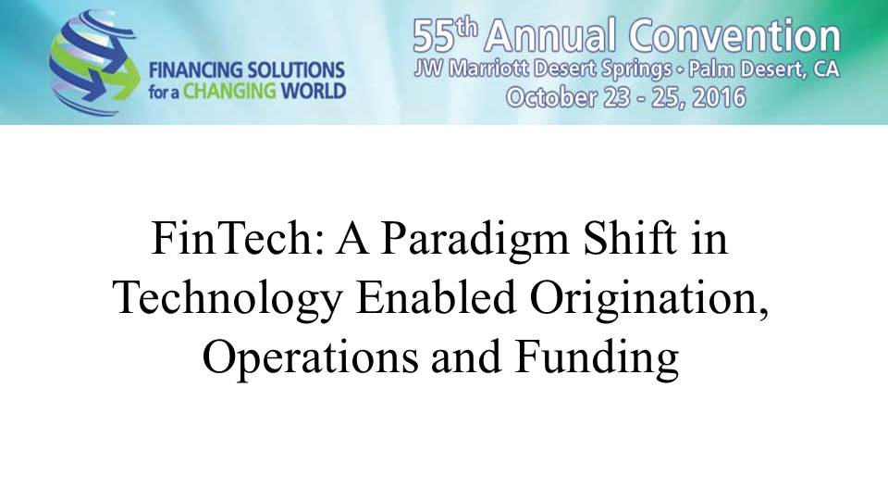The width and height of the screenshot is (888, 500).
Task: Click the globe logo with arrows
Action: (94, 63)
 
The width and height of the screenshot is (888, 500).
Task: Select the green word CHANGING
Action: (229, 92)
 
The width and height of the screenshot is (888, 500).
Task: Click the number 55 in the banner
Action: (434, 37)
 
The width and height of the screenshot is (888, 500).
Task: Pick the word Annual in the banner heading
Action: (549, 35)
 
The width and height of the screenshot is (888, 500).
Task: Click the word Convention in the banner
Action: (734, 35)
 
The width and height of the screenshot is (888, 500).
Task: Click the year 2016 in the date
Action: (719, 97)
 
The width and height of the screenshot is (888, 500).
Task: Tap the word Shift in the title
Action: (630, 238)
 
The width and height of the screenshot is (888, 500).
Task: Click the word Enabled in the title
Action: (436, 297)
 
